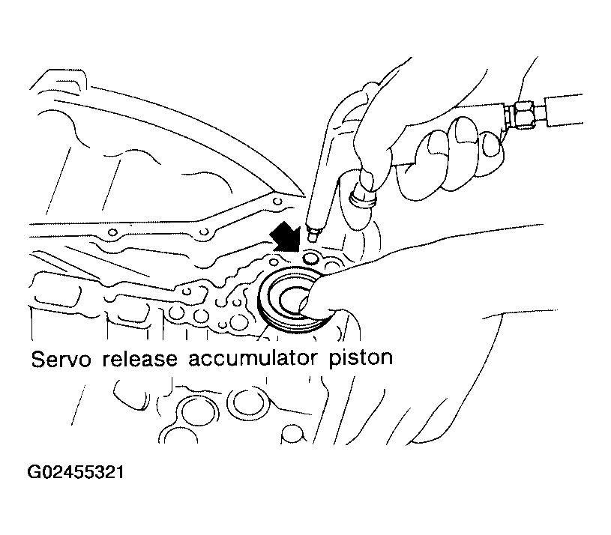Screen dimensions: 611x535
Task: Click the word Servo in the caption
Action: tap(61, 359)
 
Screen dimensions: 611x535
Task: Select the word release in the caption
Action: tap(140, 359)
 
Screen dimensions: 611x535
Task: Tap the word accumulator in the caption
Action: tap(253, 359)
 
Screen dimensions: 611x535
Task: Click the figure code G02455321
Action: tap(76, 472)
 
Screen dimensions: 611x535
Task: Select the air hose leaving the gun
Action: tap(564, 110)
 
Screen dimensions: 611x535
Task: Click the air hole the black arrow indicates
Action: tap(310, 259)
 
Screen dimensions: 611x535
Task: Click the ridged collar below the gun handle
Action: tap(363, 199)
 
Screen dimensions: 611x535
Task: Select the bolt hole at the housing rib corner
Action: tap(277, 202)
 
